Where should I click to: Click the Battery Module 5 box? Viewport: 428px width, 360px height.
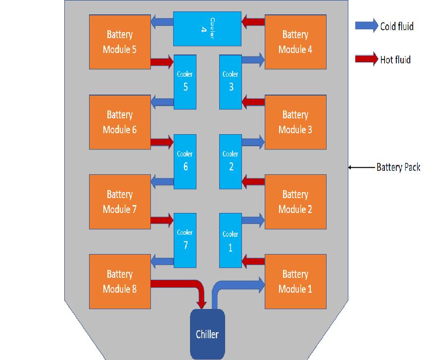120,42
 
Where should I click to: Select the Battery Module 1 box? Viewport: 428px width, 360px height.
295,281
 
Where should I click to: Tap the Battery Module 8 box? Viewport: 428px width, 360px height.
120,281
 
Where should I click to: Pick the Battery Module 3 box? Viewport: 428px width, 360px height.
295,122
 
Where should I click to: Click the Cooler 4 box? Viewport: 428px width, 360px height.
207,29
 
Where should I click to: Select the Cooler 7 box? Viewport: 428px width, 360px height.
185,240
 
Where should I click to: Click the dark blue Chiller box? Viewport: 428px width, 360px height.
207,334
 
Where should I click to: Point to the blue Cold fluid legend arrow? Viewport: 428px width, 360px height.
366,26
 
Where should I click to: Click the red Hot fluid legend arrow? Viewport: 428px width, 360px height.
366,60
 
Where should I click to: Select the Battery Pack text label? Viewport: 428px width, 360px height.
398,167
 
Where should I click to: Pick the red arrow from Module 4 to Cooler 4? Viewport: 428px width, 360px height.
253,21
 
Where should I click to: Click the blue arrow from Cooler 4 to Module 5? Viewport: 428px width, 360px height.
161,21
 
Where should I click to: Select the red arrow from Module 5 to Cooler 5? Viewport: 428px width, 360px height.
162,62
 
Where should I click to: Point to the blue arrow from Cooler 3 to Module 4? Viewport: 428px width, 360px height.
253,60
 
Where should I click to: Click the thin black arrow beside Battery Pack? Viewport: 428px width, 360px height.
361,167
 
